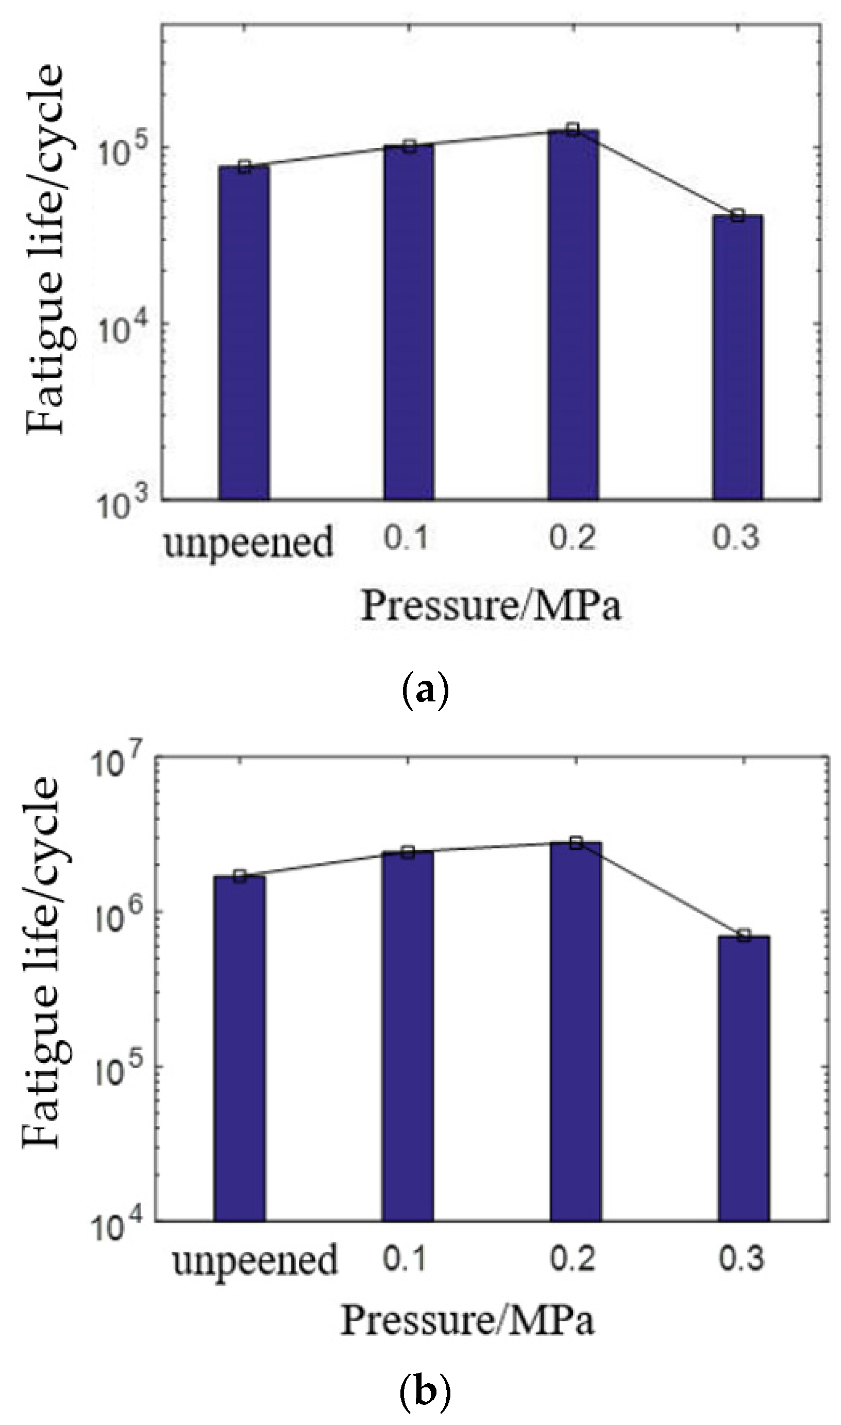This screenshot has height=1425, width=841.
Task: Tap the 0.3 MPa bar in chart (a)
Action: pos(737,357)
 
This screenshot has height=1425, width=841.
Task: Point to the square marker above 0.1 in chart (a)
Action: pos(409,147)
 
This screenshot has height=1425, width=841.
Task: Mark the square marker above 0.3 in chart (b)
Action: pos(744,936)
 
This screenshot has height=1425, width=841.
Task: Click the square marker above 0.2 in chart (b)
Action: pos(576,843)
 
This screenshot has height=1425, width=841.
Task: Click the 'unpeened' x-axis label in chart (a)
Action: pos(248,543)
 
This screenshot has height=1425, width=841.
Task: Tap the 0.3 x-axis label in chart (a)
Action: pos(735,537)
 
